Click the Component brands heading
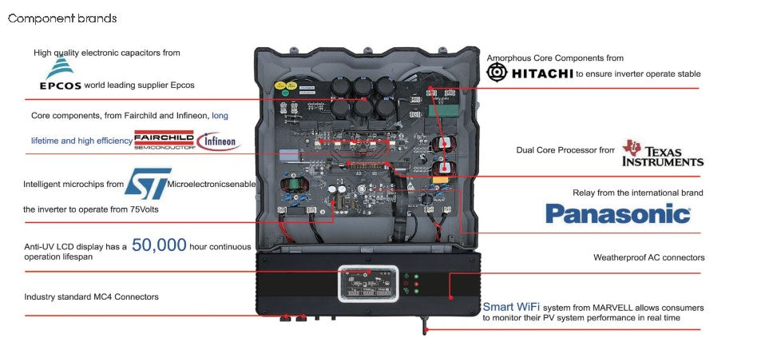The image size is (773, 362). click(x=62, y=18)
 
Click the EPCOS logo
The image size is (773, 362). click(x=60, y=77)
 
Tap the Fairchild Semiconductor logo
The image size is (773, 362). click(x=164, y=140)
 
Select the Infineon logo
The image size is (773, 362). click(x=218, y=141)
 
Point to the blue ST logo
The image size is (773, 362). click(x=149, y=184)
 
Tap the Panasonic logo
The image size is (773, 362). click(x=617, y=213)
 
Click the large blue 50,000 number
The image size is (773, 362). click(x=159, y=245)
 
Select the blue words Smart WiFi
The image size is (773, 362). click(x=509, y=306)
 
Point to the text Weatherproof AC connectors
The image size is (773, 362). click(x=648, y=258)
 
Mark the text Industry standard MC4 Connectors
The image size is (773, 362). click(x=91, y=296)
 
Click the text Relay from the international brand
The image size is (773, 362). click(x=637, y=193)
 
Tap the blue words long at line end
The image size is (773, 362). click(x=220, y=115)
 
